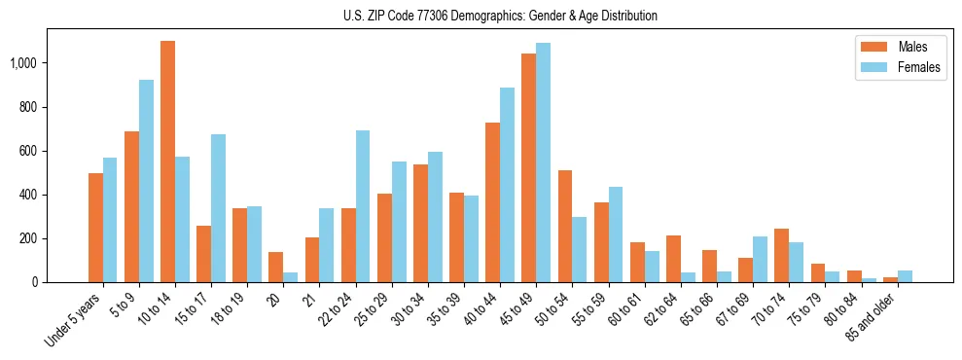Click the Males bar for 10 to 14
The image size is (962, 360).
coord(167,162)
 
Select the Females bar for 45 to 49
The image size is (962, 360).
coord(543,162)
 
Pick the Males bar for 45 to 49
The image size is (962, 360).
coord(528,167)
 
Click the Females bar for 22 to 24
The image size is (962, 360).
coord(363,206)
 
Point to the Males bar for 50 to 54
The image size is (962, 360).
coord(564,226)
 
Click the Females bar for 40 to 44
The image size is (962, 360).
coord(507,185)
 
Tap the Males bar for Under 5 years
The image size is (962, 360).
coord(95,228)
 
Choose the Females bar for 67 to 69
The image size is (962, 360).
coord(760,259)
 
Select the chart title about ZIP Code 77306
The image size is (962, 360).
coord(500,16)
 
